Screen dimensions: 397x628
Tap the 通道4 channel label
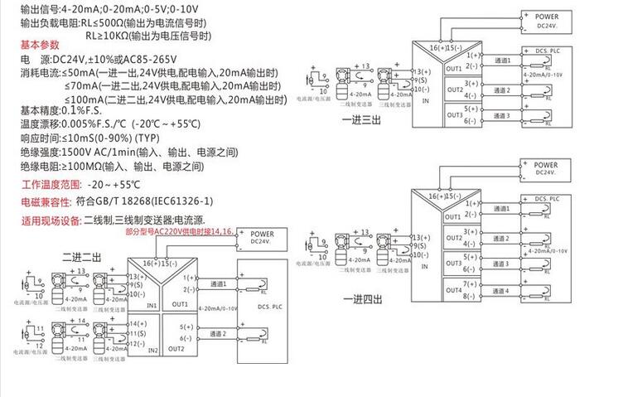(501, 291)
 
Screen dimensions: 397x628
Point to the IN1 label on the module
(152, 306)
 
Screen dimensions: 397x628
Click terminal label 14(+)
(138, 323)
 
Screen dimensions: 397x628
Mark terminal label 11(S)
(138, 332)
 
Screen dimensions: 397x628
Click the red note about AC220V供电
(179, 233)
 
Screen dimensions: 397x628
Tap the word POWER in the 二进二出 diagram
(261, 234)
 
